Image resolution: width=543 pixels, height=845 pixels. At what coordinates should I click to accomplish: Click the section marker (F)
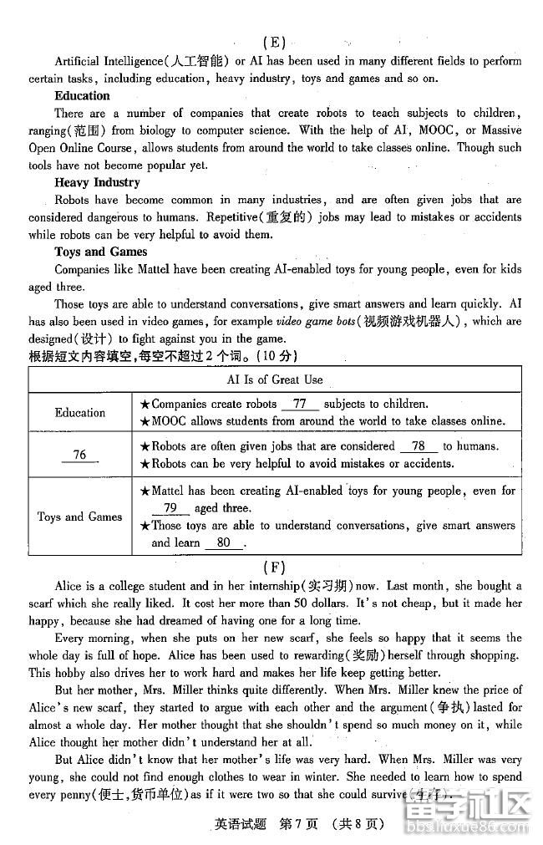click(273, 568)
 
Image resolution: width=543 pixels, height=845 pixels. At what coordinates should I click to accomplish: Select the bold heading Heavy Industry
click(97, 182)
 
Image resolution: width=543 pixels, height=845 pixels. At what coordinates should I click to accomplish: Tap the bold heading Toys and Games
click(100, 252)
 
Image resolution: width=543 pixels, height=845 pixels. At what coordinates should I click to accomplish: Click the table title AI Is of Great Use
click(275, 379)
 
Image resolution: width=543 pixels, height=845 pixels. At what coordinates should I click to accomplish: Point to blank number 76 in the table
click(80, 455)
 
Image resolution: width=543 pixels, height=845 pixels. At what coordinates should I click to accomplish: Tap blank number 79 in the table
click(170, 508)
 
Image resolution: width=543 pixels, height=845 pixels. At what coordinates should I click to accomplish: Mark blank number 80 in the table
click(223, 542)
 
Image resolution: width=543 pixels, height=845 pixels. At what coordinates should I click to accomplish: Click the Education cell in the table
click(80, 413)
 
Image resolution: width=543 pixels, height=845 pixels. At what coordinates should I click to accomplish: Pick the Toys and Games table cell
click(80, 517)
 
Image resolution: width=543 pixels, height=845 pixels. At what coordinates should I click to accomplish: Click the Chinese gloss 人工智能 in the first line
click(196, 61)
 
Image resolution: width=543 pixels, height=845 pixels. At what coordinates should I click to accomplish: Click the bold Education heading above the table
click(83, 96)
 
